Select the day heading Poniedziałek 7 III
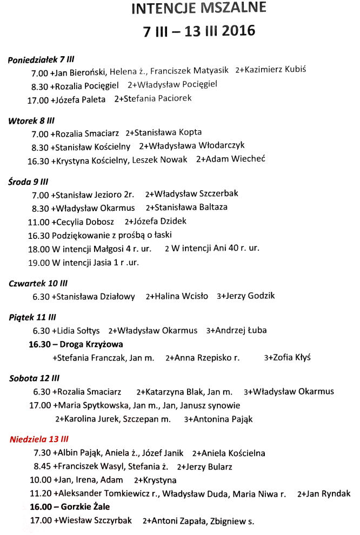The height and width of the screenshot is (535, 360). [41, 59]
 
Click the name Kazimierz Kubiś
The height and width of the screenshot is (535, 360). [279, 70]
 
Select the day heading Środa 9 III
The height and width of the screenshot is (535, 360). [29, 182]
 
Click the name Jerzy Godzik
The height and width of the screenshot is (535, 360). [250, 296]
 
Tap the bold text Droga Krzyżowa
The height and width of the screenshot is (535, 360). [91, 344]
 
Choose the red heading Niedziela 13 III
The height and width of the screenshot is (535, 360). [39, 439]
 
